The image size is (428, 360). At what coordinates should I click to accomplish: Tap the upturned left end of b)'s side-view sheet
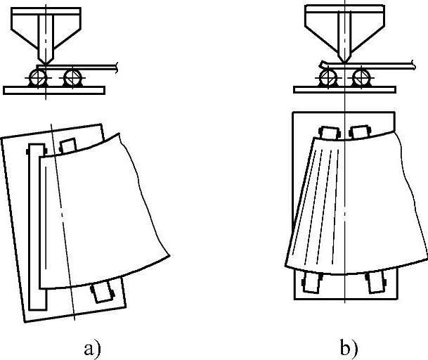[x=321, y=65]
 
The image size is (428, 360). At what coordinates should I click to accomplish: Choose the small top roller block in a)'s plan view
[x=67, y=145]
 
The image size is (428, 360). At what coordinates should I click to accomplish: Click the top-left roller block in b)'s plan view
[x=328, y=132]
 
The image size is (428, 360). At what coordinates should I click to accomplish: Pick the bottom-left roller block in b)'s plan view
[x=310, y=283]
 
